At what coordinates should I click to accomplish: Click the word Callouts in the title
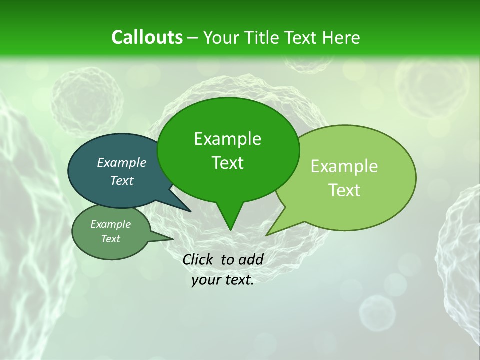pyautogui.click(x=147, y=37)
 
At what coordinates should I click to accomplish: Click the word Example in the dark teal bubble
pyautogui.click(x=122, y=162)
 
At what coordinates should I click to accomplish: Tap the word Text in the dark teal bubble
pyautogui.click(x=122, y=180)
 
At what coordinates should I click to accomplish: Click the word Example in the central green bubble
pyautogui.click(x=227, y=139)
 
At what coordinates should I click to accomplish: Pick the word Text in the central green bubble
pyautogui.click(x=227, y=163)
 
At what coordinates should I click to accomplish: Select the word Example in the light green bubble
pyautogui.click(x=344, y=166)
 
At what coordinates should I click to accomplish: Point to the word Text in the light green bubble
pyautogui.click(x=344, y=190)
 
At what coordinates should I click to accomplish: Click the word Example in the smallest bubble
pyautogui.click(x=111, y=224)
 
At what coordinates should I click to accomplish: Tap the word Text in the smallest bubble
pyautogui.click(x=111, y=239)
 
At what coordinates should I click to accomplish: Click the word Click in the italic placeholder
pyautogui.click(x=198, y=259)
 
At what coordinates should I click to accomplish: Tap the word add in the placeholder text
pyautogui.click(x=251, y=259)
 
